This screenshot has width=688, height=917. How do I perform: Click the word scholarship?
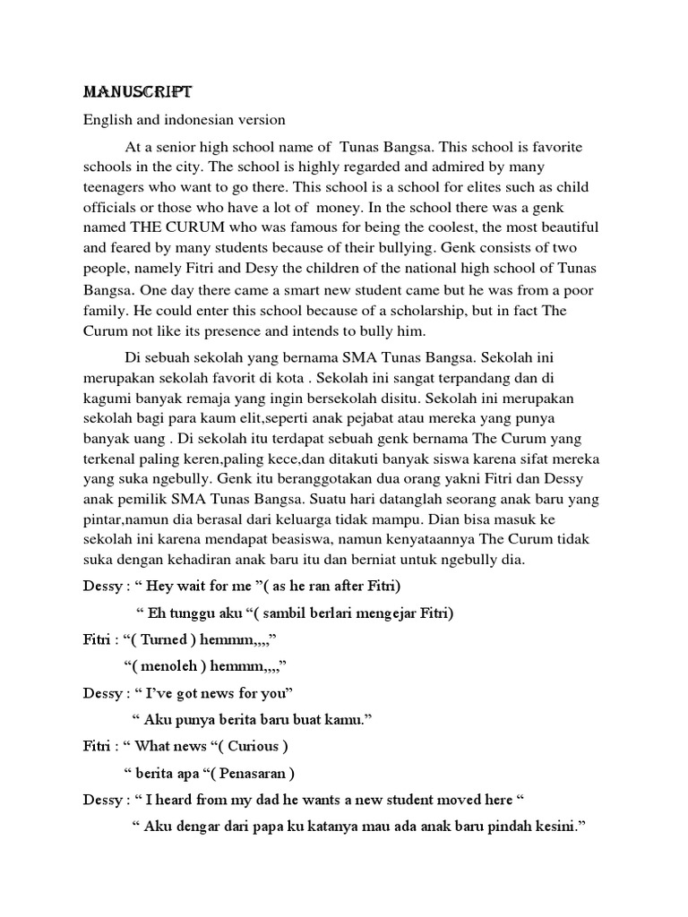[411, 311]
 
